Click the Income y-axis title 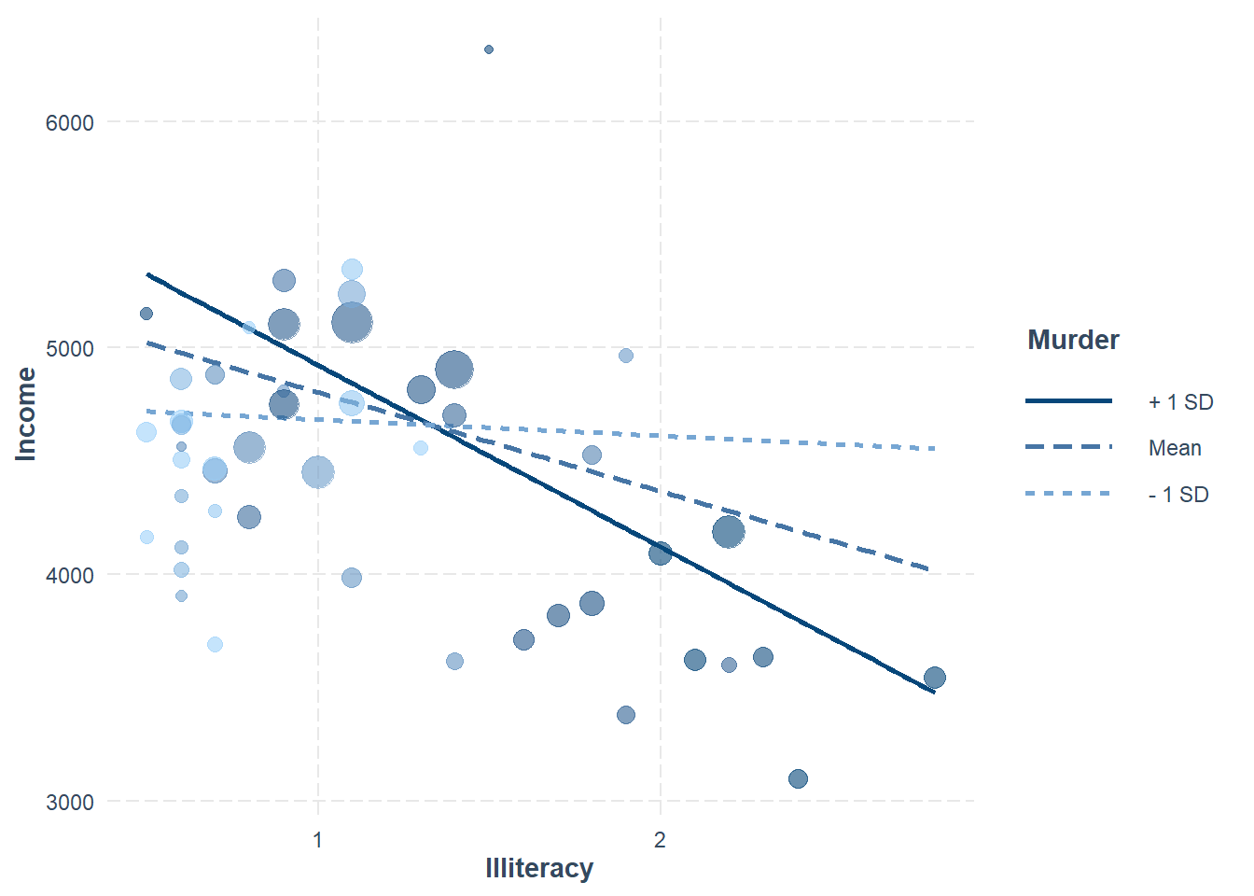26,413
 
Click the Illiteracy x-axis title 539,868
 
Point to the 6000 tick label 70,123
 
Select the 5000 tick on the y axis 70,349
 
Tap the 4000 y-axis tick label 70,576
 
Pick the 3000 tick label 70,803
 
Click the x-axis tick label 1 318,840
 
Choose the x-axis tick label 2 660,840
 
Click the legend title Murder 1073,340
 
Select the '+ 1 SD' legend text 1180,402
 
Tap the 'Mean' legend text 1175,448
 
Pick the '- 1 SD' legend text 1178,495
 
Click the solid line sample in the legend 1068,401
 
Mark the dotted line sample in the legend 1068,494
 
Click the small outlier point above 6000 489,49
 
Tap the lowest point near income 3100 798,778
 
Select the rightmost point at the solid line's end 934,678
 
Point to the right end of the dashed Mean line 927,567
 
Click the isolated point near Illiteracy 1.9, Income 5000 626,356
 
